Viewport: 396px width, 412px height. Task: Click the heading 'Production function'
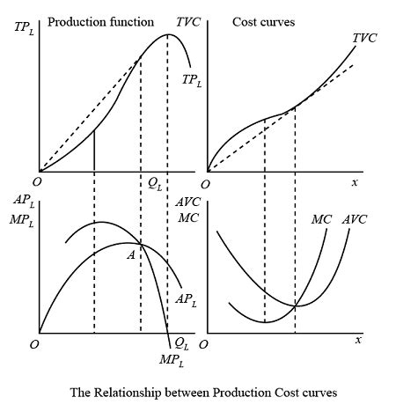click(100, 22)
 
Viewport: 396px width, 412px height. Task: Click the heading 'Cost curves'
click(264, 22)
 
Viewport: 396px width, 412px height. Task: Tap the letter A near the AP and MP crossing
click(131, 255)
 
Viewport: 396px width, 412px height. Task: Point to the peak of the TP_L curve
click(167, 34)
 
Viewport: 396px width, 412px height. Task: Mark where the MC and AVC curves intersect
click(295, 305)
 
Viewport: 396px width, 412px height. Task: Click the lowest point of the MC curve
click(265, 322)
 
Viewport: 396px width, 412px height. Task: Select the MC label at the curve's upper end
click(321, 219)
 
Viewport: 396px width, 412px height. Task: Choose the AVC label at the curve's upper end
click(355, 219)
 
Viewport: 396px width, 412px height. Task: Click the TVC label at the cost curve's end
click(364, 38)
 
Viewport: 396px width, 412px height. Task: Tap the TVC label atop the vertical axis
click(188, 22)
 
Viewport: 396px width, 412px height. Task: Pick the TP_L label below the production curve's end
click(192, 80)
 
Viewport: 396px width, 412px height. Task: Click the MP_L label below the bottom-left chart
click(172, 360)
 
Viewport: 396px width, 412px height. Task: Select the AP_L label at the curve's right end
click(186, 300)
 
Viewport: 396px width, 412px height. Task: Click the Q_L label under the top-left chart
click(155, 184)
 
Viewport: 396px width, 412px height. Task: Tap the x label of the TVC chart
click(355, 182)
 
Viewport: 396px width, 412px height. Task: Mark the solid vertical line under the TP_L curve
click(94, 151)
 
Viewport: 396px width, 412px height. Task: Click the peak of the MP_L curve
click(102, 222)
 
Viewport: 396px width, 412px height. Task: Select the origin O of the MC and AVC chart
click(203, 344)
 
